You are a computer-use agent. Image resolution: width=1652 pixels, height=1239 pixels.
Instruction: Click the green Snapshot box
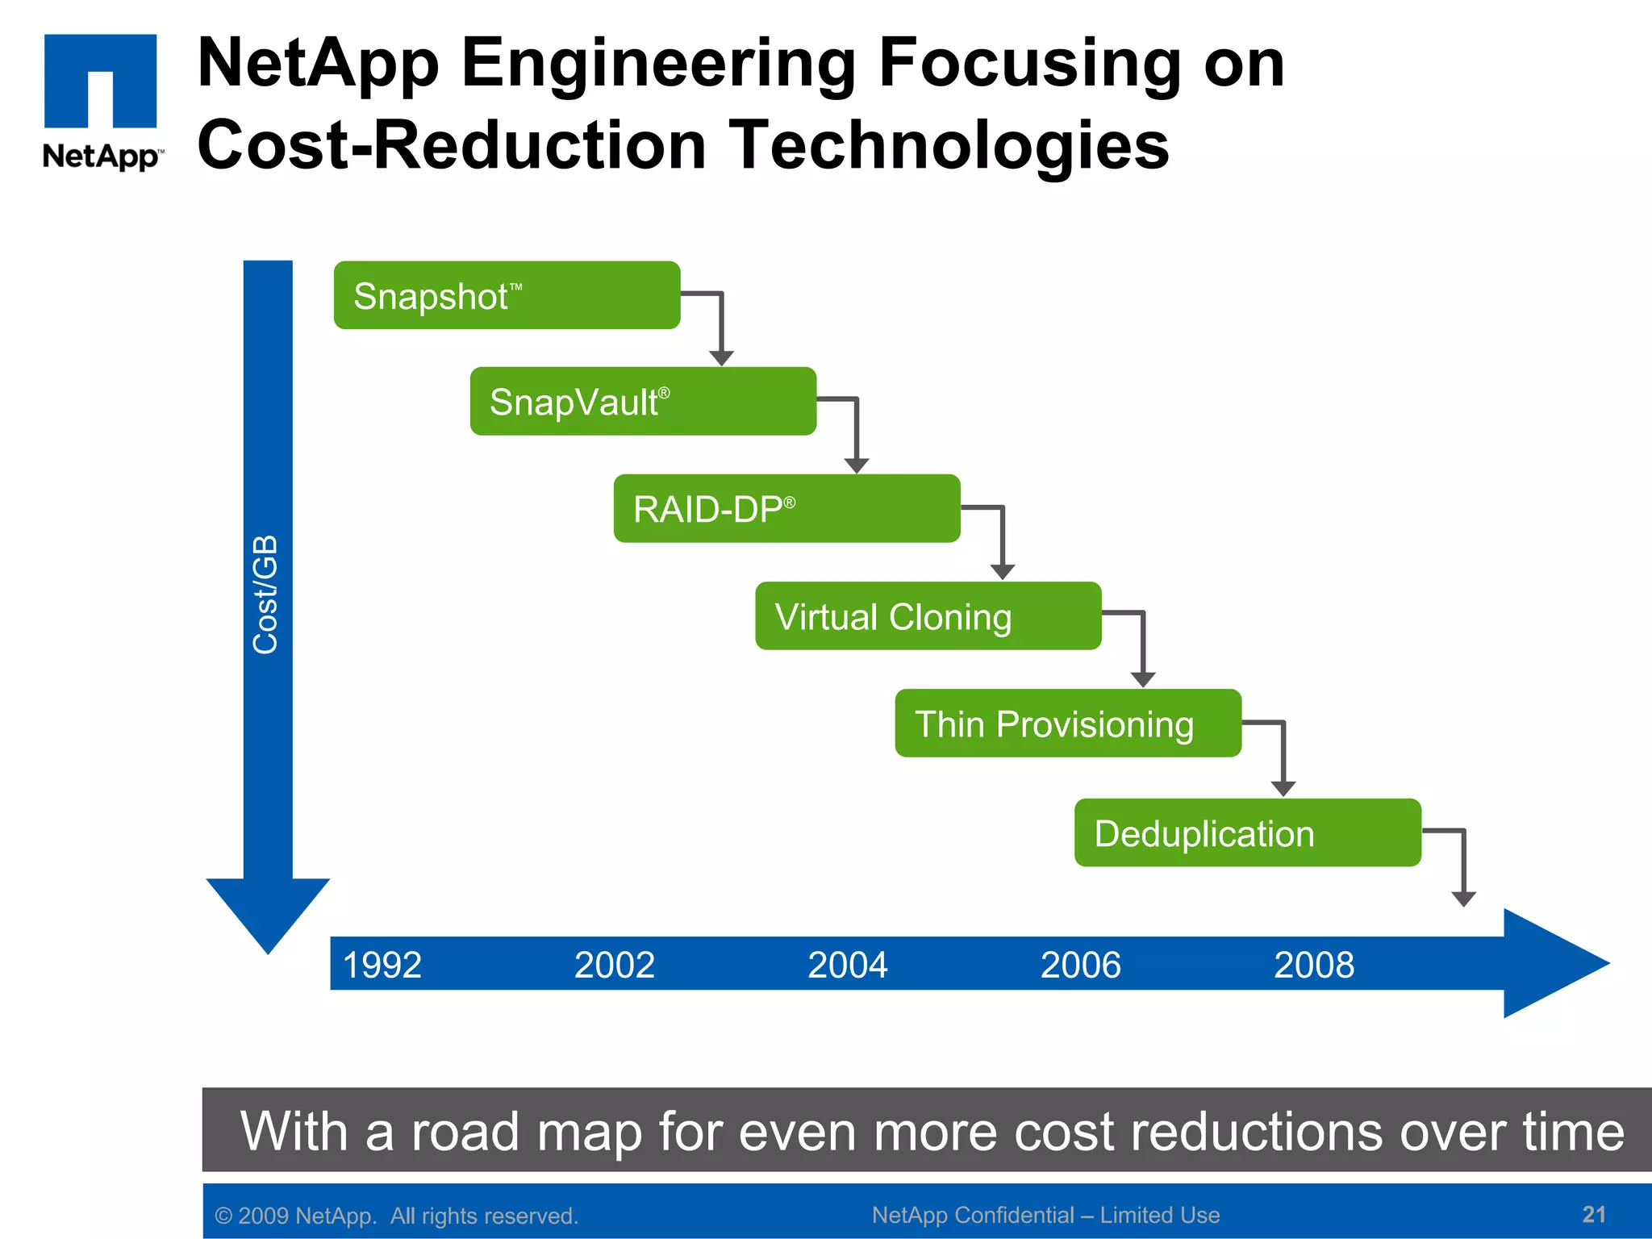click(507, 295)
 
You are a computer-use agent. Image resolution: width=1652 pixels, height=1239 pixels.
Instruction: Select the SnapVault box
click(643, 402)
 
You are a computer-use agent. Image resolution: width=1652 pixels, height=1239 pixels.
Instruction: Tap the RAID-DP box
click(786, 509)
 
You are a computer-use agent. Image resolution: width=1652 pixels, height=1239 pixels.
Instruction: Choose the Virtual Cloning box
click(928, 616)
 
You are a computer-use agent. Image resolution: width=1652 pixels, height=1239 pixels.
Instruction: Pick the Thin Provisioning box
click(1068, 724)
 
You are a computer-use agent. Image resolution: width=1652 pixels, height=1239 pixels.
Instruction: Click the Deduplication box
click(1247, 833)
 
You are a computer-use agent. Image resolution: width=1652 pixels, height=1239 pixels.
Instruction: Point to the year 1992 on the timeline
click(382, 965)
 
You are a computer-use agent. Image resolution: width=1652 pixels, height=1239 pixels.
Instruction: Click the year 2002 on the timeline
click(614, 965)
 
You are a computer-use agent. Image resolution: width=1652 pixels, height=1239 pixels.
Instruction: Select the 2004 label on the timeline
click(847, 965)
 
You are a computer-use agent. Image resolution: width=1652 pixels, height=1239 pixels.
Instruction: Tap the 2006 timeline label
click(1080, 965)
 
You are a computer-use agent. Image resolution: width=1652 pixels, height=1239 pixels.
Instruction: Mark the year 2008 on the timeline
click(1313, 965)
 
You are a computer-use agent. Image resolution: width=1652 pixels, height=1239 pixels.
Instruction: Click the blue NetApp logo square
click(100, 81)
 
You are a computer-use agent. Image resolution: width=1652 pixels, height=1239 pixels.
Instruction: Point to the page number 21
click(1594, 1214)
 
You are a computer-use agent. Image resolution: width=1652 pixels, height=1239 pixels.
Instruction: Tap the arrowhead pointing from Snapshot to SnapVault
click(721, 357)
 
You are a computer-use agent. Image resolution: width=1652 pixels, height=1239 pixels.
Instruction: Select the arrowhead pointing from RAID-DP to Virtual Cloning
click(1002, 571)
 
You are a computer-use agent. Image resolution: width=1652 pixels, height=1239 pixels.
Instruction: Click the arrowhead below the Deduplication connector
click(1463, 899)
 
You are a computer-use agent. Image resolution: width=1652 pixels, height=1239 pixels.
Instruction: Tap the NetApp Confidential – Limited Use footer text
click(1045, 1215)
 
